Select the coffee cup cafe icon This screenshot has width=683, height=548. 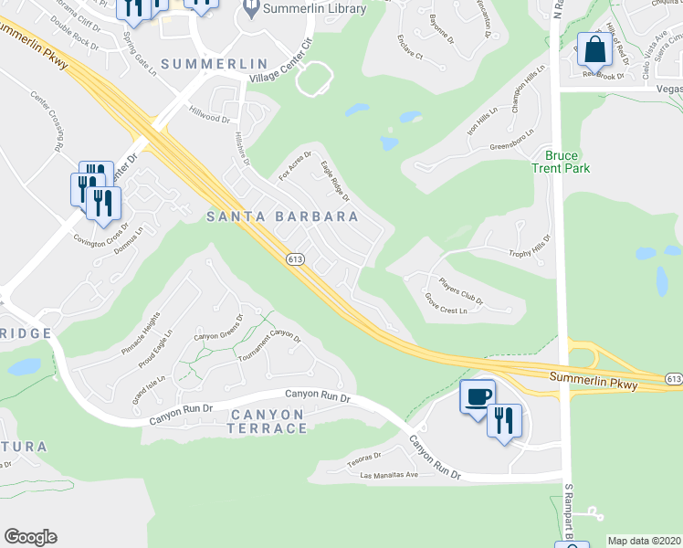(477, 396)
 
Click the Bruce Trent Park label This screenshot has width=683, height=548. (562, 162)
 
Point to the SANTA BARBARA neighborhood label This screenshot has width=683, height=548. (281, 216)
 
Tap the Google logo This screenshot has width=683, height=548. (30, 537)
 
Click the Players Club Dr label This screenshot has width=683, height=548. (461, 290)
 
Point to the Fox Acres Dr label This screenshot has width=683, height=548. (294, 164)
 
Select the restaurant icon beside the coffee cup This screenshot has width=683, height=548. (504, 421)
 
